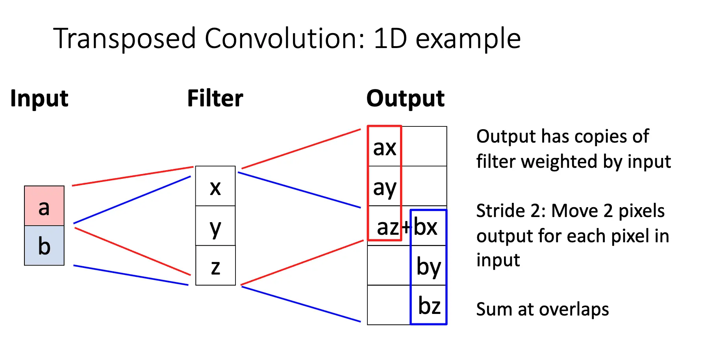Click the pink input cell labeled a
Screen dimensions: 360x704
tap(44, 206)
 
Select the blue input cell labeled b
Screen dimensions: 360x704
tap(44, 246)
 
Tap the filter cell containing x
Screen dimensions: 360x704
tap(215, 186)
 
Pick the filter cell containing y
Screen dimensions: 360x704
tap(215, 226)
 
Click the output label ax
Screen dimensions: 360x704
tap(384, 148)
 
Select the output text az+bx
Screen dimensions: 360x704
tap(407, 227)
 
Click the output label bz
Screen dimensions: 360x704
tap(429, 306)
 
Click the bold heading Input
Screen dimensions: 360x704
tap(39, 98)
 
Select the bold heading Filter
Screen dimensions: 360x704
tap(215, 98)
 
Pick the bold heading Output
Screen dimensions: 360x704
tap(406, 98)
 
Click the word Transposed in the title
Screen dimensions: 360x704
tap(124, 39)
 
